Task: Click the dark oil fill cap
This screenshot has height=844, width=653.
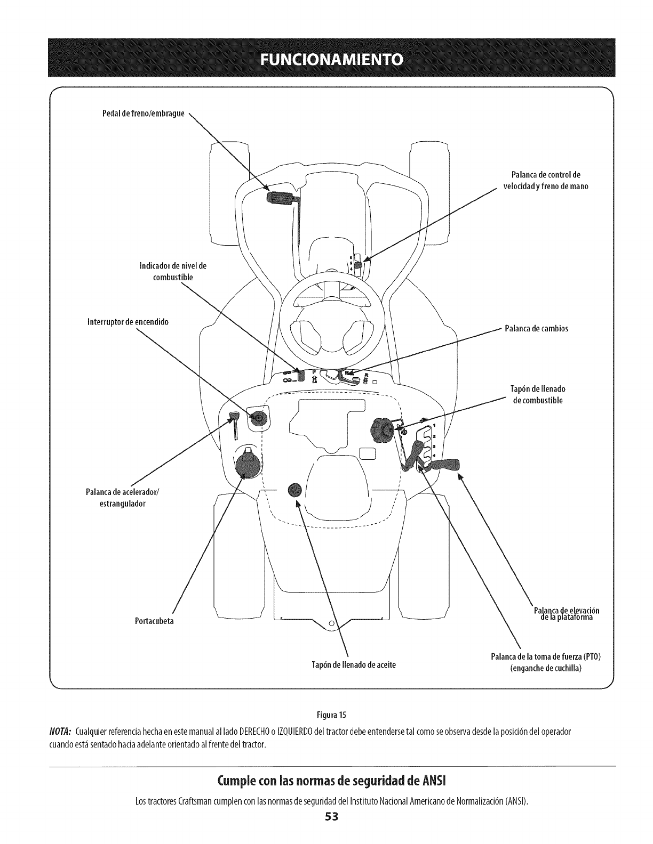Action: pos(294,490)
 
